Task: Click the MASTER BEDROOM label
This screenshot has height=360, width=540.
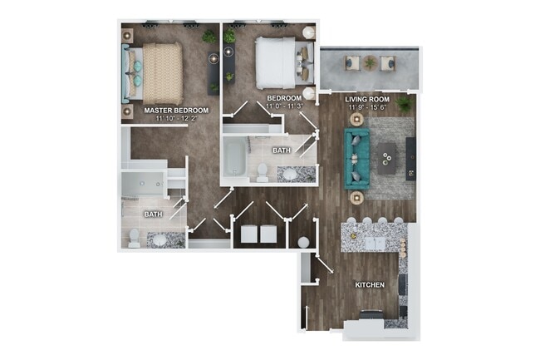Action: click(x=176, y=110)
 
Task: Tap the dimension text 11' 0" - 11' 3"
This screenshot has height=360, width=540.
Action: click(x=284, y=106)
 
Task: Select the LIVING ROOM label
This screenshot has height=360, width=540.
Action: click(x=366, y=99)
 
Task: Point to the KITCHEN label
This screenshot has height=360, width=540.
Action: click(x=370, y=285)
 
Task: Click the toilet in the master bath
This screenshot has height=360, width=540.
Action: click(x=134, y=238)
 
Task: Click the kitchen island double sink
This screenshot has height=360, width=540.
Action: click(x=370, y=241)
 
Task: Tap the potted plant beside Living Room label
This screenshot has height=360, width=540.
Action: click(x=404, y=105)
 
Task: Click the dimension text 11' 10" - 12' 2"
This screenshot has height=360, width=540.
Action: click(x=176, y=118)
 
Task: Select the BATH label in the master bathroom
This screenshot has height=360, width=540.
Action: click(x=154, y=214)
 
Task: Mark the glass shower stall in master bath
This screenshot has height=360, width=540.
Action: click(x=143, y=187)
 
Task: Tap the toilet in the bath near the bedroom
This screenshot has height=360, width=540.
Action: click(x=262, y=173)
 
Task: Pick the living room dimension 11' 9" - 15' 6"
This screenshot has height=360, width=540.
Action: click(x=366, y=107)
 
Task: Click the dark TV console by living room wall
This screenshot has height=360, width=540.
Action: click(x=410, y=158)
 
